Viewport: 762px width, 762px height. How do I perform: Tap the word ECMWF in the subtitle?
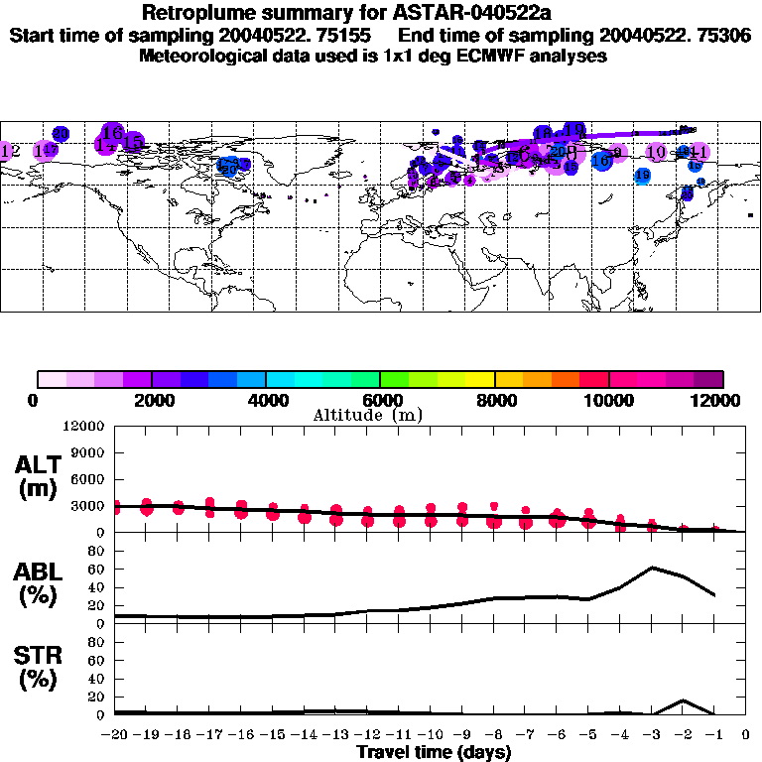[512, 56]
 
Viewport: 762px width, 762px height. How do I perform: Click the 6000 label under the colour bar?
[379, 400]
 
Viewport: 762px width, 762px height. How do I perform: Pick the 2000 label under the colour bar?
[151, 400]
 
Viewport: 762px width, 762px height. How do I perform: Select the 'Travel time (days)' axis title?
[434, 753]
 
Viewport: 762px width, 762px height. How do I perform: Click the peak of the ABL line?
[653, 568]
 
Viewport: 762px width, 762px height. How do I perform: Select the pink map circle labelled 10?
[656, 152]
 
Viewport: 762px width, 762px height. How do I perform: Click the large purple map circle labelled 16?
[112, 133]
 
